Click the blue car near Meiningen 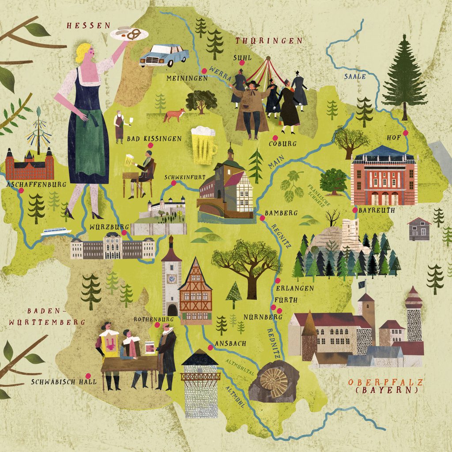point(164,56)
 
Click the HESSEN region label point(89,25)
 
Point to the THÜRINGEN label point(269,41)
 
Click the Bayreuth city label point(377,211)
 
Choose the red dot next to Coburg point(275,137)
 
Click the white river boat point(56,231)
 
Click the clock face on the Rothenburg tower point(171,279)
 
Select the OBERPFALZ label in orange point(386,382)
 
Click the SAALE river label point(355,76)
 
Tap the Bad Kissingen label point(154,139)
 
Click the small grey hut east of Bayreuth point(419,229)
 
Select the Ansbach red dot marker point(210,347)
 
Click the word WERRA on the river point(221,74)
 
